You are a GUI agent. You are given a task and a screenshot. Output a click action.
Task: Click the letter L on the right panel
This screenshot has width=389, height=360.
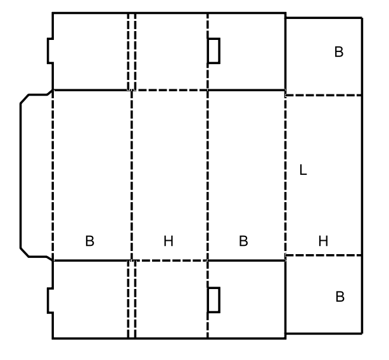point(303,170)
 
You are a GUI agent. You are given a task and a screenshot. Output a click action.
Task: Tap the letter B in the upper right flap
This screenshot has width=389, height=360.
point(339,52)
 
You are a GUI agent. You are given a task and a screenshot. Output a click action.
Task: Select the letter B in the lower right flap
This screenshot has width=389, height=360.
point(340,297)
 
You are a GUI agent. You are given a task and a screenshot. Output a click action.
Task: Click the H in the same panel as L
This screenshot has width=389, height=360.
point(323,241)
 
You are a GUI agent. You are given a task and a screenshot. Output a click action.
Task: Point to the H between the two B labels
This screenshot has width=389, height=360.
point(169,241)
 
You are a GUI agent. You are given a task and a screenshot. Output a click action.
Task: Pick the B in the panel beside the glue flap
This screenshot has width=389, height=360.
point(89,241)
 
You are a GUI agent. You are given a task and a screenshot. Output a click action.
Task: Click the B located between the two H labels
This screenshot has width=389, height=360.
point(243,241)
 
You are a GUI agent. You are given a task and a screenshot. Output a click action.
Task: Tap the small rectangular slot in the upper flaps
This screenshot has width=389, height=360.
point(214,51)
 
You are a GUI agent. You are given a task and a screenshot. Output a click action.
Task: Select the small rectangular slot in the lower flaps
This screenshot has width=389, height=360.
point(214,300)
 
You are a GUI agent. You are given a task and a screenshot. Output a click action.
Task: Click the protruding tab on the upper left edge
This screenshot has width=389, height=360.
point(50,51)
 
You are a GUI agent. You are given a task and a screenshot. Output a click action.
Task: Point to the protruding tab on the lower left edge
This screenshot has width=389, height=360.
point(50,300)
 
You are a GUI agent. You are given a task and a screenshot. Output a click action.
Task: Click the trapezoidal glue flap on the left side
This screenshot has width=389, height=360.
point(37,175)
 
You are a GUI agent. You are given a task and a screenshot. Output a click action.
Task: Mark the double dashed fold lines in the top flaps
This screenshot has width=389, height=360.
point(132,51)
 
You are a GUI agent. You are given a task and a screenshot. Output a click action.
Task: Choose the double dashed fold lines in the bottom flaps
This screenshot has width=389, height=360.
point(132,299)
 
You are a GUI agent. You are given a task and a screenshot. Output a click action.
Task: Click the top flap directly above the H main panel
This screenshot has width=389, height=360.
point(172,51)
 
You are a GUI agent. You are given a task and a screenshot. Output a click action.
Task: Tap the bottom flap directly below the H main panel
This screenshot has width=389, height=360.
point(172,299)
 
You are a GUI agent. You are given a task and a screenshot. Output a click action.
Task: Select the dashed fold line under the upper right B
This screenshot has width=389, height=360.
point(324,95)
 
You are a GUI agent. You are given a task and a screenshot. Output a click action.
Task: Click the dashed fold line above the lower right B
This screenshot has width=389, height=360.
point(324,255)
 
